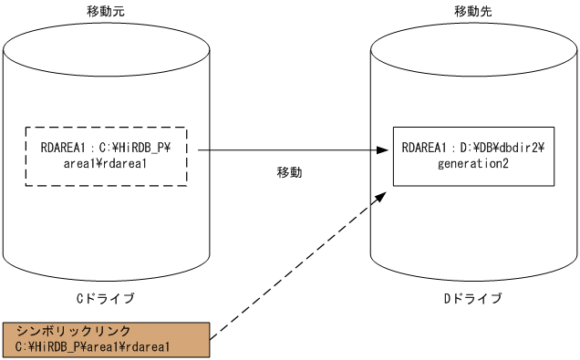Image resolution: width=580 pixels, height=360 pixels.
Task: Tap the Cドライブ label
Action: (106, 298)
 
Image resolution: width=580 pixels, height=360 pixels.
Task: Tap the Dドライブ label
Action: (472, 298)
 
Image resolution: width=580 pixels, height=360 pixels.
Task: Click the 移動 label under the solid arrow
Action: (290, 171)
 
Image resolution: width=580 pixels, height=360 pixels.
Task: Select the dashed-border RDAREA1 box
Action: (106, 156)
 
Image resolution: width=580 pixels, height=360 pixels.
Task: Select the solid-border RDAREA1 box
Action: (472, 156)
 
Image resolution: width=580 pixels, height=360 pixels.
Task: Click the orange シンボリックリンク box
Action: (107, 338)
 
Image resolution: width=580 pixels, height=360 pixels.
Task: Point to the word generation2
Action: (472, 164)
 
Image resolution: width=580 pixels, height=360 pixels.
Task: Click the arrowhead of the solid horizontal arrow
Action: (385, 150)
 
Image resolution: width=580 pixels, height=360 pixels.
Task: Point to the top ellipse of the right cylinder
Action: (472, 46)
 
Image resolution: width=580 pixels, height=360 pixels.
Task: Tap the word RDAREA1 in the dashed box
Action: (61, 148)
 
